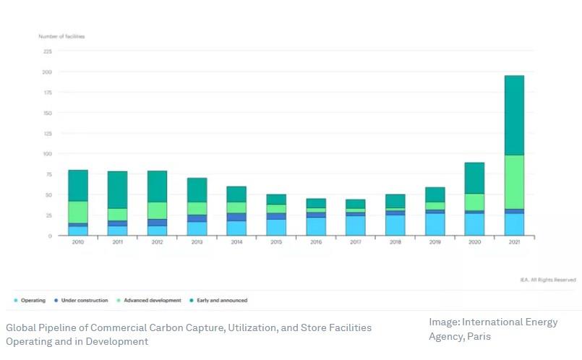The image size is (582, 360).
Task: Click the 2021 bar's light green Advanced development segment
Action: coord(514,182)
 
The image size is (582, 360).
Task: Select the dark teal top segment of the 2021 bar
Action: coord(514,115)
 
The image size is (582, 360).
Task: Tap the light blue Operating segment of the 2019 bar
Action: coord(435,225)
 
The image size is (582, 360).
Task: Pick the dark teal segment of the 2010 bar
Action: coord(78,186)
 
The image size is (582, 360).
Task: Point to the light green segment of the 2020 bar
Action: coord(474,202)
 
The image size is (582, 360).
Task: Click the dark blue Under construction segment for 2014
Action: coord(236,217)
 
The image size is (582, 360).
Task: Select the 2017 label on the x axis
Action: coord(355,243)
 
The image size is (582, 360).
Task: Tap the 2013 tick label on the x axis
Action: coord(197,243)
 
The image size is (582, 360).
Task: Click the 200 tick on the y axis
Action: coord(48,72)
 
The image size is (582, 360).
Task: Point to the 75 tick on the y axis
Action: coord(49,174)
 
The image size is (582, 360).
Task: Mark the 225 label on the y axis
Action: coord(48,51)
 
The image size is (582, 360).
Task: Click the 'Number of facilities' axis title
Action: coord(61,36)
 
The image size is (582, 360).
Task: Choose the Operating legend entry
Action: coord(30,300)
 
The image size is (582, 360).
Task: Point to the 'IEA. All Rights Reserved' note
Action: coord(547,280)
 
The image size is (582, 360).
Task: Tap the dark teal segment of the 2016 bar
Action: coord(315,203)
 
